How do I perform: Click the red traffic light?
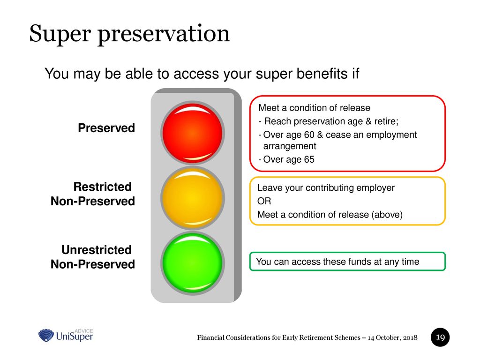(x=193, y=133)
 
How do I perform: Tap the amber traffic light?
(x=193, y=198)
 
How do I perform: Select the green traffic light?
(x=193, y=263)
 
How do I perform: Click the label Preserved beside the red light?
(x=106, y=128)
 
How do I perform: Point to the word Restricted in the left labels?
(x=102, y=187)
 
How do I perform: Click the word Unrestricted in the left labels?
(x=97, y=250)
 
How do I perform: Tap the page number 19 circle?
(x=440, y=337)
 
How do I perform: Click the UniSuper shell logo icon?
(x=46, y=336)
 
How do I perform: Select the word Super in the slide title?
(x=60, y=34)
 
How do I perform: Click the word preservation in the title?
(x=164, y=34)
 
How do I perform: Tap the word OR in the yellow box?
(x=264, y=201)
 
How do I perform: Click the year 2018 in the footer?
(x=410, y=337)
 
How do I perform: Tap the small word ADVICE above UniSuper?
(x=83, y=331)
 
